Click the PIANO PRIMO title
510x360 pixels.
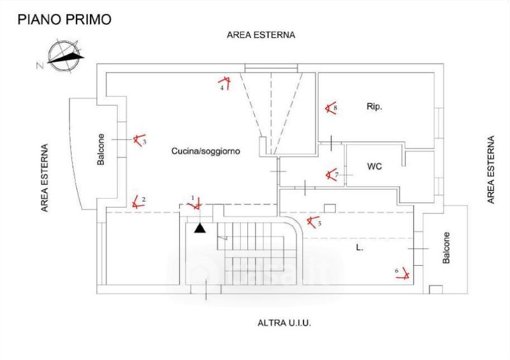click(64, 19)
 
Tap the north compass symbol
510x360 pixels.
click(61, 56)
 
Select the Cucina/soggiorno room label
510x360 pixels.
click(201, 151)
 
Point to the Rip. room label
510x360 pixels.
click(374, 106)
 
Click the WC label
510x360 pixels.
click(374, 167)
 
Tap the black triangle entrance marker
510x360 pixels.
click(200, 227)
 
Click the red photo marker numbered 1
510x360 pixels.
click(196, 205)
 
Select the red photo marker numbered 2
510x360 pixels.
click(136, 203)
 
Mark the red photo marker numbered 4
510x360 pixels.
click(224, 82)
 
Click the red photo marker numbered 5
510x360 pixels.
click(312, 222)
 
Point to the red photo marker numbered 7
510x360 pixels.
click(330, 174)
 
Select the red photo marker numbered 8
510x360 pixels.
click(330, 108)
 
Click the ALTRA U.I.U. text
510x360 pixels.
click(283, 323)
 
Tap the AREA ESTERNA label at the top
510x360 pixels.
click(261, 36)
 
